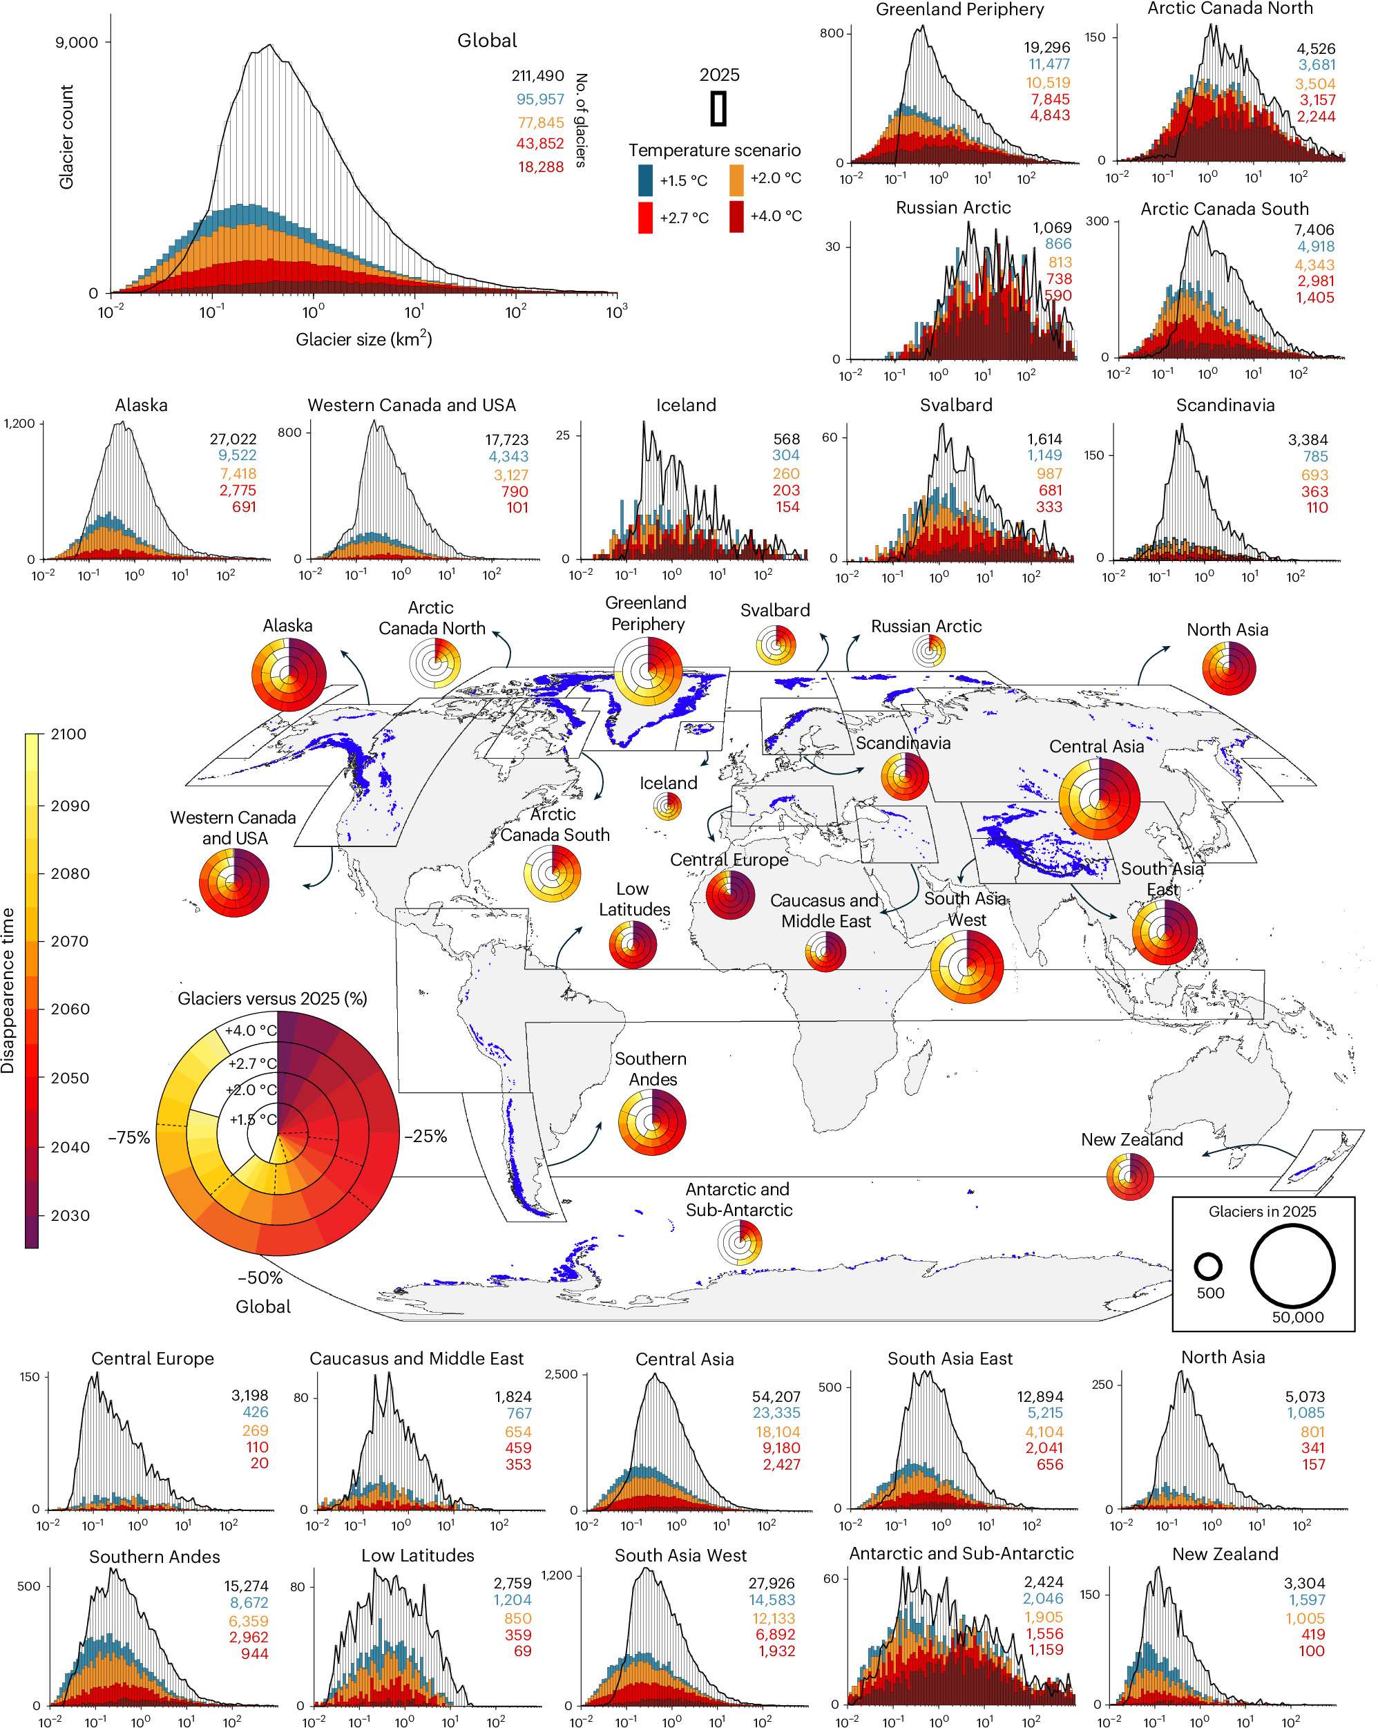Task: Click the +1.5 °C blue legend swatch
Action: point(646,180)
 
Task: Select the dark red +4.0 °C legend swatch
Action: point(736,216)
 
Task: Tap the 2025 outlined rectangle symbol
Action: point(718,108)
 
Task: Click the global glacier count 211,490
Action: point(537,76)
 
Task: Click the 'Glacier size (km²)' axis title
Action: point(364,339)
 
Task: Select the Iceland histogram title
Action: point(686,405)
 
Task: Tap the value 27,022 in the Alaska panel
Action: point(233,439)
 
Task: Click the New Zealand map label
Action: point(1131,1140)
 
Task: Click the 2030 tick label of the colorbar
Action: point(68,1215)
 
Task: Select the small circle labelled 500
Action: point(1208,1266)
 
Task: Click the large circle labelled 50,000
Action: point(1292,1266)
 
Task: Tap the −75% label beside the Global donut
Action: point(129,1137)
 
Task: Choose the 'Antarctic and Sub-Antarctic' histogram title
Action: point(961,1553)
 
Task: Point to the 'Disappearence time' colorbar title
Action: point(9,991)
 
